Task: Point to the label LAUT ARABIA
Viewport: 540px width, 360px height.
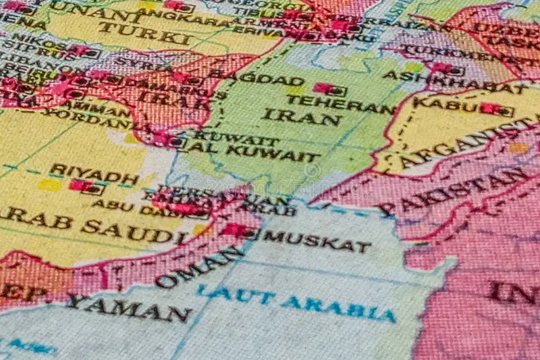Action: [x=296, y=303]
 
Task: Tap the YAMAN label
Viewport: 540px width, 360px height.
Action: [x=128, y=308]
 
